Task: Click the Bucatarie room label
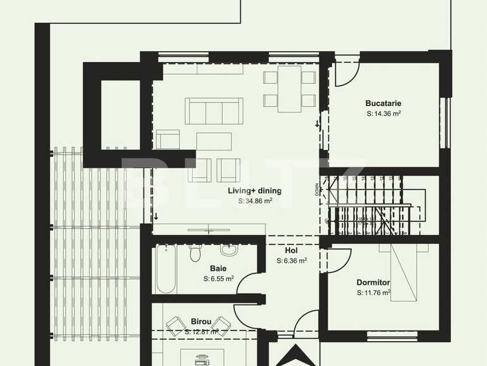[383, 103]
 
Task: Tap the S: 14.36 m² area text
[384, 114]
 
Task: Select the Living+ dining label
[255, 190]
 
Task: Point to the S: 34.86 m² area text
[255, 201]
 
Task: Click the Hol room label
[291, 250]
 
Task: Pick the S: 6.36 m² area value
[292, 260]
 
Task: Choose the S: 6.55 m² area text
[218, 279]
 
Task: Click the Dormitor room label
[373, 282]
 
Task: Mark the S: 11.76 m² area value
[373, 293]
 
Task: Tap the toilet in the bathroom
[195, 253]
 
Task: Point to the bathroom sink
[230, 251]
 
